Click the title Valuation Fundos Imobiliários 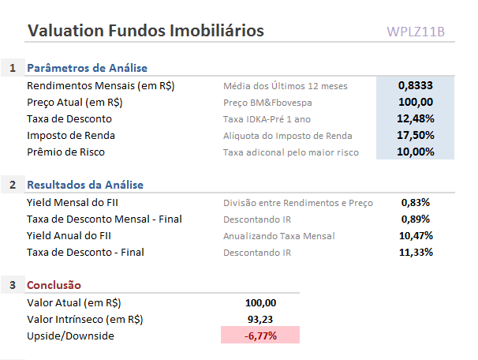click(x=146, y=31)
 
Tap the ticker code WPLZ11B click(x=416, y=32)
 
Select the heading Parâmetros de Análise click(x=87, y=68)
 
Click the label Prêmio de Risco click(x=65, y=152)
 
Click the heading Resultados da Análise click(x=85, y=185)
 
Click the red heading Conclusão click(x=54, y=285)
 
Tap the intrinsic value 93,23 click(x=261, y=319)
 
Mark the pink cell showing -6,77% click(x=260, y=336)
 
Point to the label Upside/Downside click(x=70, y=336)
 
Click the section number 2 click(x=13, y=185)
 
